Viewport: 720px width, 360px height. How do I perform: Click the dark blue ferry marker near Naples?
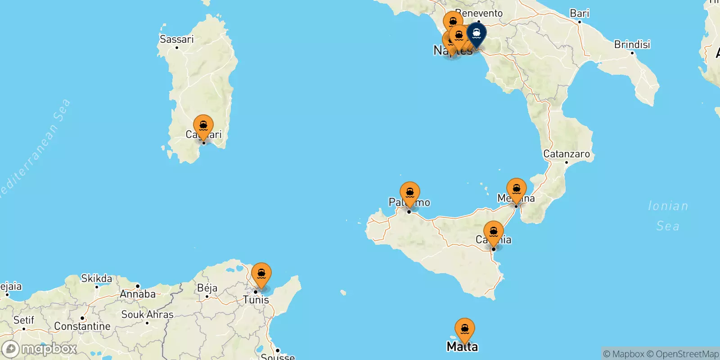476,34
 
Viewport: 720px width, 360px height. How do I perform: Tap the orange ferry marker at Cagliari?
203,126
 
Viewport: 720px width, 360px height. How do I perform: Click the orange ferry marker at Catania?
494,232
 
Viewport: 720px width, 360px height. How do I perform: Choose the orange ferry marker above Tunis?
261,274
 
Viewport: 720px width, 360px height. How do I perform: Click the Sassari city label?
176,40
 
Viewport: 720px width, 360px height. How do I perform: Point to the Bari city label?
579,13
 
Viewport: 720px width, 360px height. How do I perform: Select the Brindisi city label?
632,45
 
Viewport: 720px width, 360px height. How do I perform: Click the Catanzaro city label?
566,154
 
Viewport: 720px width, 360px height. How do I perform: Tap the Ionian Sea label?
668,216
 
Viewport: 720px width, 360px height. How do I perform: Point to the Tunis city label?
256,300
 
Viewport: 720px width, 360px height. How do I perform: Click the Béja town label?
207,288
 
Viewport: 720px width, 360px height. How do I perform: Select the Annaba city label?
138,294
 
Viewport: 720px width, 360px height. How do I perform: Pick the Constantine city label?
82,326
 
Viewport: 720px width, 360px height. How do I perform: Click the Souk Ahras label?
147,315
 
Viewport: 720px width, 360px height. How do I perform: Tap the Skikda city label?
96,279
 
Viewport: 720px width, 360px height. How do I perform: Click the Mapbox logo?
40,349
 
